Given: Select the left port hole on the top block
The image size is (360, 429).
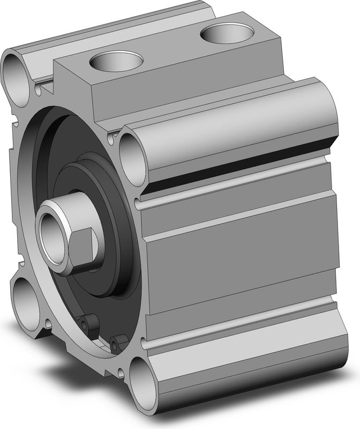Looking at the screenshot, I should click(117, 61).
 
